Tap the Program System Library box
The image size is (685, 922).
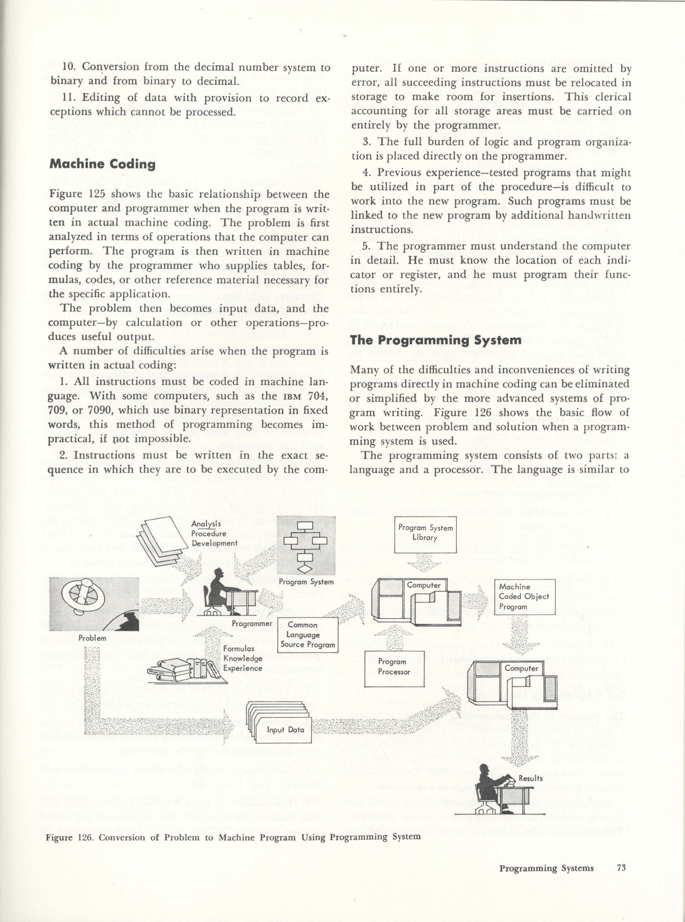pos(425,534)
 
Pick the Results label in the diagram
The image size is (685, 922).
pos(530,779)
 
